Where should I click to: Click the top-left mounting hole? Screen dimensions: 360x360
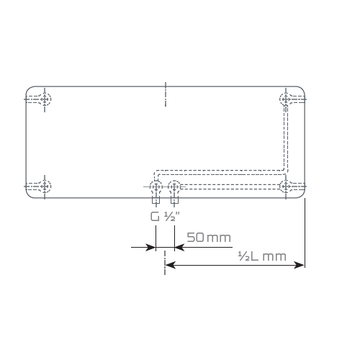45,99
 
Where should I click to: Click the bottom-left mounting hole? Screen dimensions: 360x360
45,186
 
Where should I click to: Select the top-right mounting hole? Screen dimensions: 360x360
286,99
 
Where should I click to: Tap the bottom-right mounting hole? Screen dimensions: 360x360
286,186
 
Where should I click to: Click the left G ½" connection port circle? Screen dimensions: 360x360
156,186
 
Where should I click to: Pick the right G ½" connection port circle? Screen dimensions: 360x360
174,186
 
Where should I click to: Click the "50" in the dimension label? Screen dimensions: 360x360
195,238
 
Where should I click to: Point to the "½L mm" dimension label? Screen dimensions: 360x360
262,256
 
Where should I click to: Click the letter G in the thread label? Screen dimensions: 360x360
155,217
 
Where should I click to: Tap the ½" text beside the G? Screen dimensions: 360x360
172,217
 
